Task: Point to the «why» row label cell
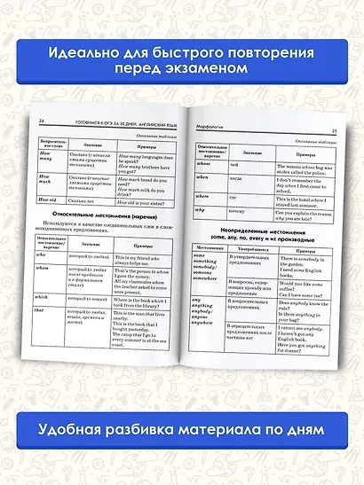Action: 202,211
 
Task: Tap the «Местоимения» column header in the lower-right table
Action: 210,247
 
